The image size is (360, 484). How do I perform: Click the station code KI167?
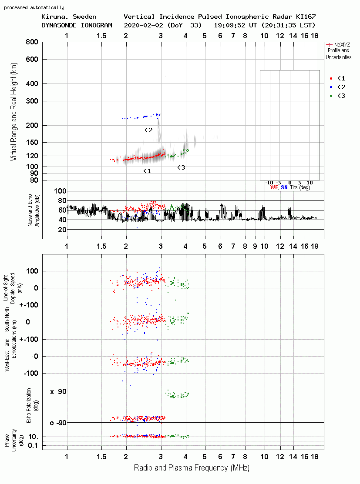306,17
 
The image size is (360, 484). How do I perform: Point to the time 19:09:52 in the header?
229,25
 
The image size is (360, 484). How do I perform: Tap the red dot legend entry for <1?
331,78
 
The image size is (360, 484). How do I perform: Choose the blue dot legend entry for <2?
331,87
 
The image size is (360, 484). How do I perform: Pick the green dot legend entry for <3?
331,96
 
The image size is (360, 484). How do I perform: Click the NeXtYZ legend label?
342,45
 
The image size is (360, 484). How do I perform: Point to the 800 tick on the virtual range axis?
32,42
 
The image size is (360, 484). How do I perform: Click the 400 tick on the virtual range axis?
32,83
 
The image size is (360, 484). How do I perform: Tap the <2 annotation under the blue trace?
148,130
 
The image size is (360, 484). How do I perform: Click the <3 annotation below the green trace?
181,167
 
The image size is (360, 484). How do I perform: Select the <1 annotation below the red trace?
147,171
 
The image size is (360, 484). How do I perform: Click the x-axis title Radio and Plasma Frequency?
192,468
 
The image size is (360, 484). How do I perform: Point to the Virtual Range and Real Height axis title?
13,112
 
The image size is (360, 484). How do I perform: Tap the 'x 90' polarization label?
58,392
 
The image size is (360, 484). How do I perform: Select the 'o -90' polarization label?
58,423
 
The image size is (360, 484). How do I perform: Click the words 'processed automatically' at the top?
34,7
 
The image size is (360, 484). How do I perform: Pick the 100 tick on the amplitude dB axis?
60,191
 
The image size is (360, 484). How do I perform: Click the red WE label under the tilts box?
274,187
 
